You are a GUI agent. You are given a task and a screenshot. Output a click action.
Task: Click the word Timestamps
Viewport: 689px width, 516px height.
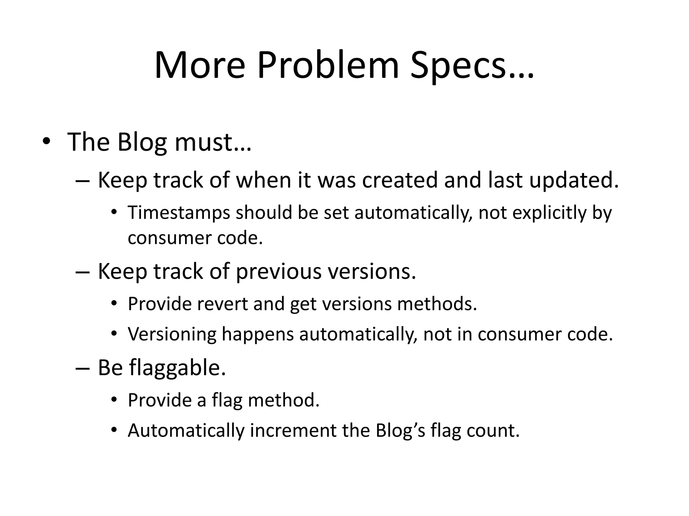(x=179, y=213)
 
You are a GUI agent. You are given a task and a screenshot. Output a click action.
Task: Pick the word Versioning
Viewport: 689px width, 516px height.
(x=172, y=334)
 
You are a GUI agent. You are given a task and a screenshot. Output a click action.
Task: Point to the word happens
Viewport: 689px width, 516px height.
(x=258, y=334)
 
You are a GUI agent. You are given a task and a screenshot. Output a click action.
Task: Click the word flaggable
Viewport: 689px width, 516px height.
(x=176, y=368)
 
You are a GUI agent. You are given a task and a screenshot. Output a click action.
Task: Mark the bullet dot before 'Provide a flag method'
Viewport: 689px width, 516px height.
(x=114, y=400)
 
